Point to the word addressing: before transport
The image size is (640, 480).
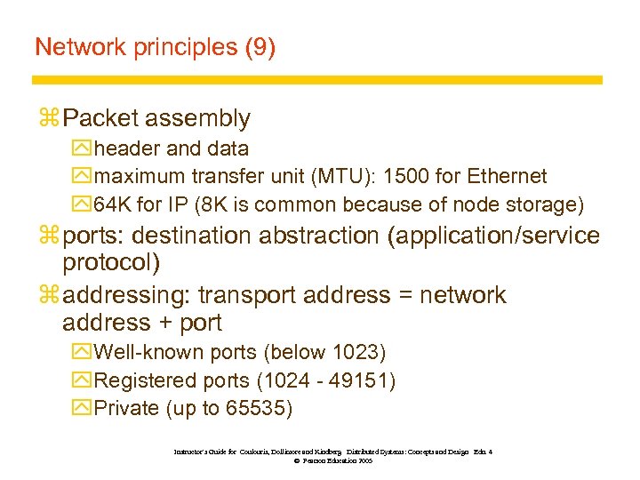[x=128, y=295]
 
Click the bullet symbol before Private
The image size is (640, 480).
[x=83, y=409]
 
